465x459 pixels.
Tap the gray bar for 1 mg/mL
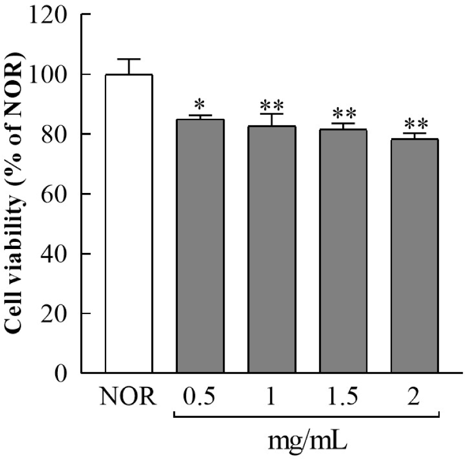(272, 250)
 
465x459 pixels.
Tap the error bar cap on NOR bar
(129, 59)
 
